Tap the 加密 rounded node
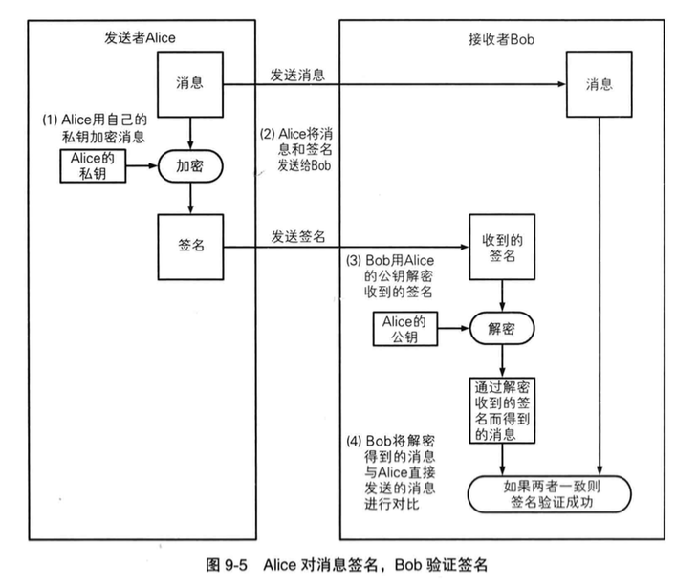point(192,164)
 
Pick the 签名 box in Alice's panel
point(192,245)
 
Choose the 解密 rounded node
point(502,328)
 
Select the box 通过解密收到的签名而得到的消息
point(502,412)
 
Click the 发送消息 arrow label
point(296,74)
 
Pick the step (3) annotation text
point(391,275)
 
